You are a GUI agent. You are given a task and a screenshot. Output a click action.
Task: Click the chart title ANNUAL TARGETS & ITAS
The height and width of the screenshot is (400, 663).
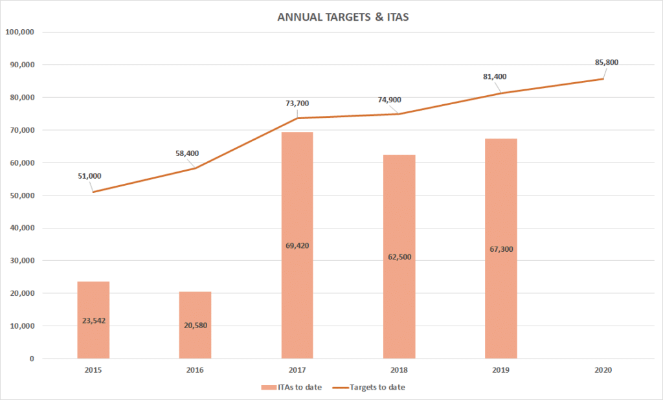343,17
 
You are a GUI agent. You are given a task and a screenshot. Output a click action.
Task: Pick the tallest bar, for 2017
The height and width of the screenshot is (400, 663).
297,194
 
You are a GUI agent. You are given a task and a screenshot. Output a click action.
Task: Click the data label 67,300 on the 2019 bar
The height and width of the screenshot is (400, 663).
501,249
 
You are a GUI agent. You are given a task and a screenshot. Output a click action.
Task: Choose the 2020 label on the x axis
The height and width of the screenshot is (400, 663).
603,371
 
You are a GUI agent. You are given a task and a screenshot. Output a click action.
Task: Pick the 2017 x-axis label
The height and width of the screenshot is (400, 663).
297,371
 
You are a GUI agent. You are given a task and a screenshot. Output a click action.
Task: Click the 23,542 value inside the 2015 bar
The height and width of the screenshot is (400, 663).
93,320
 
